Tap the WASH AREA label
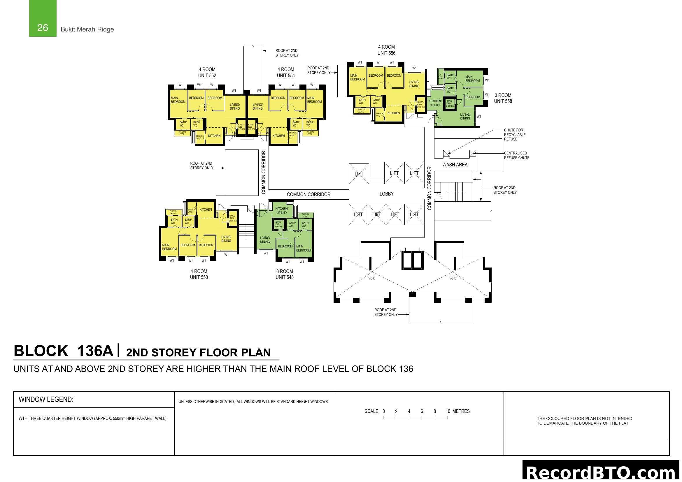[x=455, y=165]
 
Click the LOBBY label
[x=386, y=194]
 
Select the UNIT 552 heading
[x=207, y=75]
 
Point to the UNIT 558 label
[x=503, y=101]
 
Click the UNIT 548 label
[x=284, y=277]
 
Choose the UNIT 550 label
[x=199, y=277]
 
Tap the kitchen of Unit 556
[x=394, y=113]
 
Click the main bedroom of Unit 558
[x=472, y=79]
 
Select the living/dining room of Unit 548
[x=265, y=240]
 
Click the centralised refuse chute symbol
[x=473, y=153]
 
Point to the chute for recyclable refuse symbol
[x=446, y=153]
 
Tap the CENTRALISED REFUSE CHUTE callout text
[x=516, y=156]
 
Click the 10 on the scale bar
[x=448, y=411]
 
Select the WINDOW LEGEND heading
[x=46, y=400]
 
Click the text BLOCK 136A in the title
[x=63, y=351]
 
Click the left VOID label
[x=371, y=278]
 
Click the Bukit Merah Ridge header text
[x=87, y=29]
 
